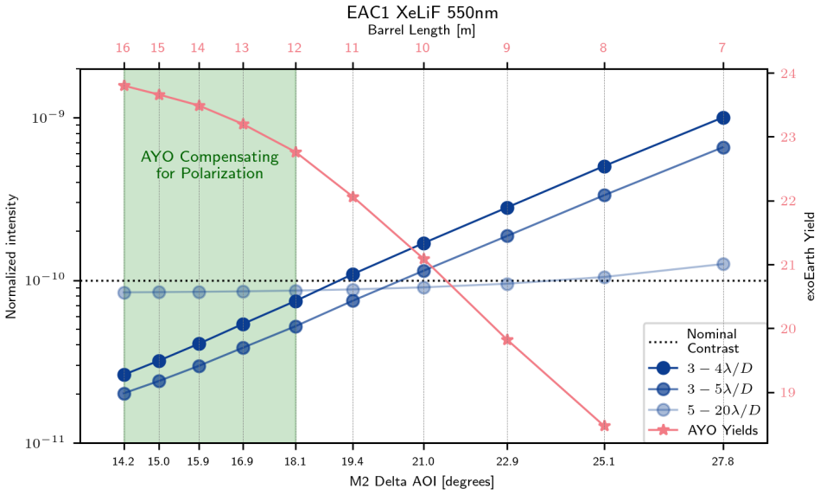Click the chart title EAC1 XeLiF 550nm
[423, 13]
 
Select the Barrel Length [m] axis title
[422, 30]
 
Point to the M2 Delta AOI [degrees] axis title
[422, 481]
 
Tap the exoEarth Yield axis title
[810, 256]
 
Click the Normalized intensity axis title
[11, 257]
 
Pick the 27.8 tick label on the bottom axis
[722, 461]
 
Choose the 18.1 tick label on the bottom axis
[296, 461]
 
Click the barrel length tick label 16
[123, 48]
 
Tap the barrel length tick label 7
[722, 48]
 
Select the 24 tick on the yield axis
[788, 74]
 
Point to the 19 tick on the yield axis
[788, 392]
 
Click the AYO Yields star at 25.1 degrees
[604, 426]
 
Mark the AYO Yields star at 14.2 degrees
[124, 86]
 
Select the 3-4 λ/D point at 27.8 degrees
[723, 118]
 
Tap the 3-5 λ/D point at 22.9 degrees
[506, 236]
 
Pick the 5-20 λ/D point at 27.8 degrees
[723, 264]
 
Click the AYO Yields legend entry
[702, 431]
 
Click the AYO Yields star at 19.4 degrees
[353, 197]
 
